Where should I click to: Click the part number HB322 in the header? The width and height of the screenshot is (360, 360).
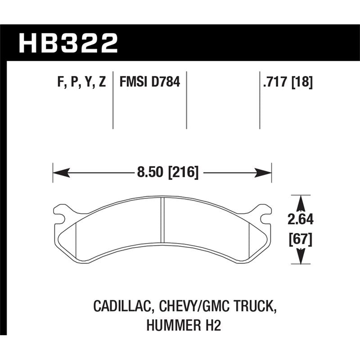pos(68,44)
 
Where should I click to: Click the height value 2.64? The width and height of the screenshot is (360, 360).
pos(300,220)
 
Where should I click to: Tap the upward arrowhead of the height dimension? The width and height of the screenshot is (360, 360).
pos(300,201)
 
